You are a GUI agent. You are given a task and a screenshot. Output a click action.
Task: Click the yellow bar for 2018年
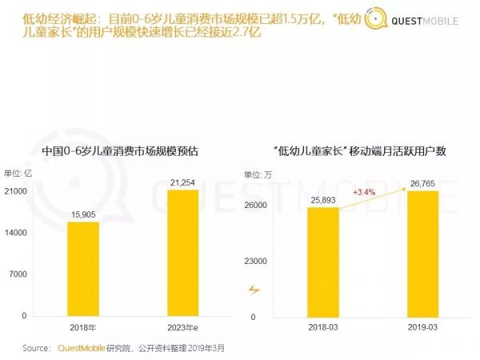[x=83, y=268]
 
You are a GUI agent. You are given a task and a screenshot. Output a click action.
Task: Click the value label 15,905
[x=83, y=214]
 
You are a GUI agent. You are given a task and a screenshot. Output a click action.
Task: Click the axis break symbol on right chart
[x=254, y=290]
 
